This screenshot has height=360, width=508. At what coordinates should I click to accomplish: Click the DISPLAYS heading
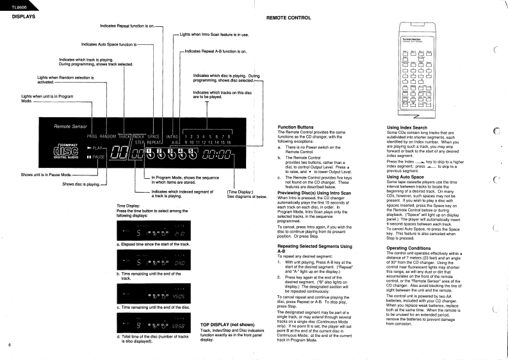(23, 17)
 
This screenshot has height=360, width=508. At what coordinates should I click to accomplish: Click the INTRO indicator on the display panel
(172, 137)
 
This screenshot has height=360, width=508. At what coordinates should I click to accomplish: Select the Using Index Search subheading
(406, 127)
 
